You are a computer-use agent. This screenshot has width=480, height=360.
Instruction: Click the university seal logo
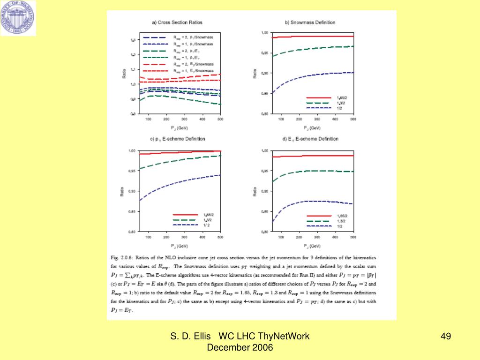pyautogui.click(x=18, y=18)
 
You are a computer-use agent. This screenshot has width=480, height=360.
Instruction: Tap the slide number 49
pyautogui.click(x=445, y=336)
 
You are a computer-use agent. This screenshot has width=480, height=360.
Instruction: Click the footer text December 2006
pyautogui.click(x=240, y=347)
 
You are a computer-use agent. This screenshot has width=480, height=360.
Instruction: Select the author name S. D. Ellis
pyautogui.click(x=191, y=336)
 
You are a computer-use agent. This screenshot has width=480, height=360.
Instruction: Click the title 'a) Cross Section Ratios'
pyautogui.click(x=172, y=22)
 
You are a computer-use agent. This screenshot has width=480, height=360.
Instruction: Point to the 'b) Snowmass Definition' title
pyautogui.click(x=310, y=22)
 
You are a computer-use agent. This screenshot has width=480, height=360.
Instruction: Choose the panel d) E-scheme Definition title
pyautogui.click(x=310, y=139)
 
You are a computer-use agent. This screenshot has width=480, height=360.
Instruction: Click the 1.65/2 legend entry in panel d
pyautogui.click(x=341, y=216)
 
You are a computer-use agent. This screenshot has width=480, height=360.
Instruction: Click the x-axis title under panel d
pyautogui.click(x=312, y=246)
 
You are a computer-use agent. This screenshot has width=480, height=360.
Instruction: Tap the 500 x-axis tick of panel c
pyautogui.click(x=220, y=238)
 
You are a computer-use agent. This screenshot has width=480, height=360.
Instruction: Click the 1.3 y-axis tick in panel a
pyautogui.click(x=133, y=40)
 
